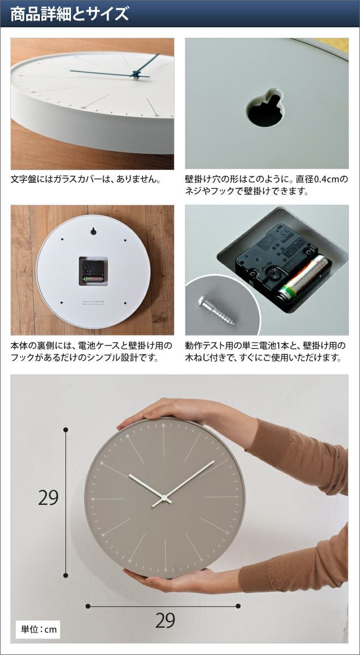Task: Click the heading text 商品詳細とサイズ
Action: [70, 14]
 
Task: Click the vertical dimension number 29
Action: [48, 498]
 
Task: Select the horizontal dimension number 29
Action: [165, 621]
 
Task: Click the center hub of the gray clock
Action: [164, 497]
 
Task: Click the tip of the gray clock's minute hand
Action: [214, 461]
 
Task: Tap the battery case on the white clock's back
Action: [93, 271]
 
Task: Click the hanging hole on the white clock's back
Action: [93, 231]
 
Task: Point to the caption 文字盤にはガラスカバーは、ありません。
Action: [86, 179]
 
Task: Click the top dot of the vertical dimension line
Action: [66, 430]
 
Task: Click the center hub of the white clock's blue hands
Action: [136, 75]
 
